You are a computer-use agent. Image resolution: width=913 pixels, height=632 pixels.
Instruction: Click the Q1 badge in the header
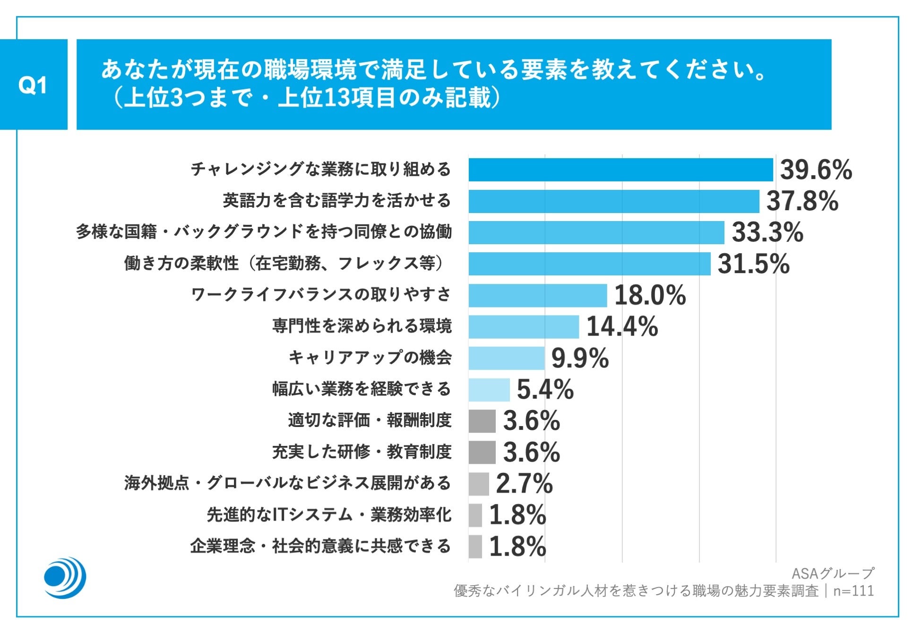[x=33, y=85]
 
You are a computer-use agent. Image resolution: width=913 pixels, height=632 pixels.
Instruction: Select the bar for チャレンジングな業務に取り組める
[x=620, y=170]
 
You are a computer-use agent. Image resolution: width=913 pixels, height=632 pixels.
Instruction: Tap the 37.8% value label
[x=802, y=201]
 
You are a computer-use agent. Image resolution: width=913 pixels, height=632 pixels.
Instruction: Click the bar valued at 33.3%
[x=596, y=232]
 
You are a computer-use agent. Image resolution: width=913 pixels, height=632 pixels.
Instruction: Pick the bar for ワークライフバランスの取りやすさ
[x=537, y=296]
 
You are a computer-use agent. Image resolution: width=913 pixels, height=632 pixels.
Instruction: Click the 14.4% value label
[x=622, y=326]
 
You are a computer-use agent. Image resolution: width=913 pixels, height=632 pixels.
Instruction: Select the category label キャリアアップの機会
[x=370, y=358]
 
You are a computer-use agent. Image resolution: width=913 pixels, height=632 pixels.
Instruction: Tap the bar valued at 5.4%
[x=489, y=390]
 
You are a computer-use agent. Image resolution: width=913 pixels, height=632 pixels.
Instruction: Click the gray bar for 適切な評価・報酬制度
[x=482, y=421]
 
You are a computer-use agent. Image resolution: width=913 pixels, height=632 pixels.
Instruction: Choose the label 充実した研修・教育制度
[x=362, y=452]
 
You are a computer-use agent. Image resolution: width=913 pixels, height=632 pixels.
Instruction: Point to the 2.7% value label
[x=524, y=483]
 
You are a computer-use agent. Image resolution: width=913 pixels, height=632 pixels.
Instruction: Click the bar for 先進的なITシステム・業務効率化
[x=475, y=515]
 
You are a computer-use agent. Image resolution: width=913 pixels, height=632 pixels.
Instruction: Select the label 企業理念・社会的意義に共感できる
[x=321, y=546]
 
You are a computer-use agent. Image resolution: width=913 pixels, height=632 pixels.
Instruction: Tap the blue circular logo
[x=65, y=577]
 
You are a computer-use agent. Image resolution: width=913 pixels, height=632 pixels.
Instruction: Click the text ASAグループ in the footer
[x=832, y=573]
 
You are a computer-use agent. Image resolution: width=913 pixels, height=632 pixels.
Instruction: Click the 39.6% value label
[x=816, y=170]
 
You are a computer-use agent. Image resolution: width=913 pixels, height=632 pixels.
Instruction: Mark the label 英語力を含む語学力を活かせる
[x=337, y=201]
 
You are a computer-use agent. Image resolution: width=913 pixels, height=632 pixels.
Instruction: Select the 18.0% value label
[x=650, y=295]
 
